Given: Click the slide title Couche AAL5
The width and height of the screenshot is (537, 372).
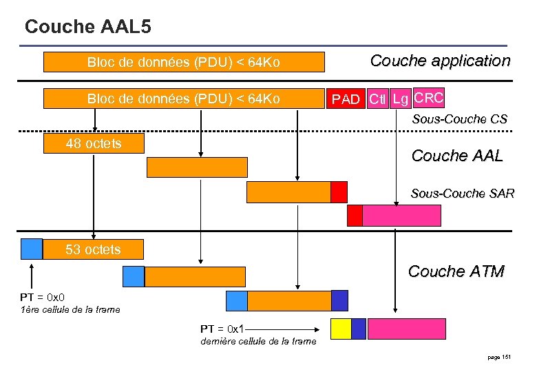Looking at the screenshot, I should [x=88, y=27].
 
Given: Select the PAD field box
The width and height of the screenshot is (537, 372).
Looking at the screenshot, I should [x=346, y=99].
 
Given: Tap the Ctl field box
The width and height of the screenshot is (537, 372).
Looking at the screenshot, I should [x=377, y=99].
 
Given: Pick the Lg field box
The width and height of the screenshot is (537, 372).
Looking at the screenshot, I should [x=400, y=99].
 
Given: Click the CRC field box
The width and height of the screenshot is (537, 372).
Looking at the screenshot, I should [x=429, y=98].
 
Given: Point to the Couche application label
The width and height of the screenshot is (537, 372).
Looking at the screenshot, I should [x=440, y=61].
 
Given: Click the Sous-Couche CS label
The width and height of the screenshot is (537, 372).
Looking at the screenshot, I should [x=459, y=119].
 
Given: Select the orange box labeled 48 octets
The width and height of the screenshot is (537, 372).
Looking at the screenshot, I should [x=94, y=143].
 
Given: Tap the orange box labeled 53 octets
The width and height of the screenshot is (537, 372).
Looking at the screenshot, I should [x=94, y=249].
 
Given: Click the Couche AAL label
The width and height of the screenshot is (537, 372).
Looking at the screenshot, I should [x=456, y=156].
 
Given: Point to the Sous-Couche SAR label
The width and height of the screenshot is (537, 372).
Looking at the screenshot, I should [x=462, y=194].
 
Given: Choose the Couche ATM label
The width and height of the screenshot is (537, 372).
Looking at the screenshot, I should [x=456, y=271].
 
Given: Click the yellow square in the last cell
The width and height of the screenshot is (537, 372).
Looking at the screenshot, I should [x=341, y=329].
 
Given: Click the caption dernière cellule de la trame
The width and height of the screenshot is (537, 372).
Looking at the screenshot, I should [x=258, y=341].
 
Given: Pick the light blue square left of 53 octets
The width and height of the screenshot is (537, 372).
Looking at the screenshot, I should [x=32, y=248].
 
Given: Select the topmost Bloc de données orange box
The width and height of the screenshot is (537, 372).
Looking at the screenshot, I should [x=184, y=63].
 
